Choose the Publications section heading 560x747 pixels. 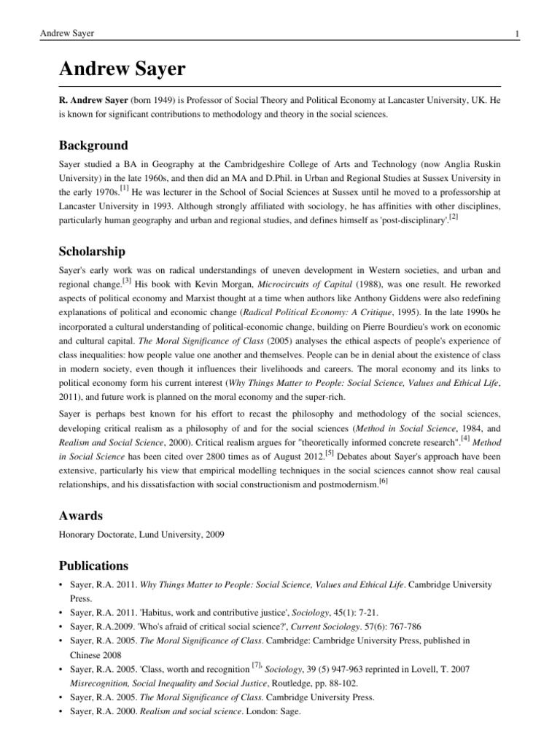(x=93, y=565)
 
